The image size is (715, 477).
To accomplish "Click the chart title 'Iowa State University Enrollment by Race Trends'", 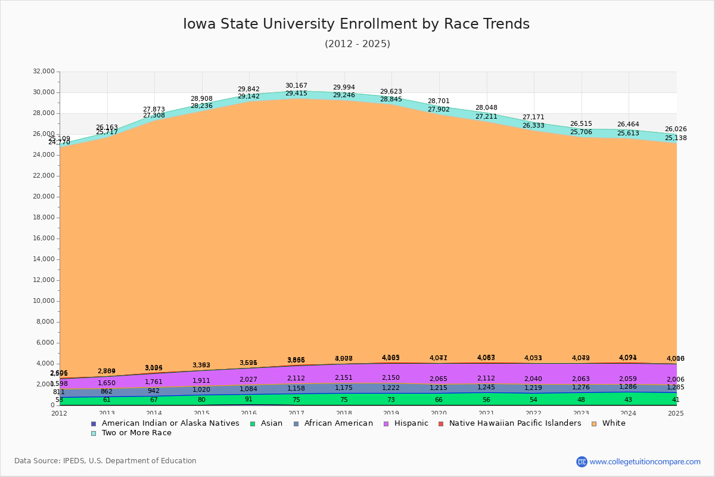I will pos(356,24).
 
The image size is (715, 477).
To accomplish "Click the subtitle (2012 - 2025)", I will pos(357,44).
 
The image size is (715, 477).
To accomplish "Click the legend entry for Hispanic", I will pos(406,423).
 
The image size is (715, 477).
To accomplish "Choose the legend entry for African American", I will pos(338,423).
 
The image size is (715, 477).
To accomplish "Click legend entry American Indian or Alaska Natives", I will pos(170,423).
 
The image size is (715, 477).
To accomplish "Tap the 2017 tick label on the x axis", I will pos(296,413).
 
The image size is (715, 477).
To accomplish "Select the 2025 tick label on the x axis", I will pos(676,413).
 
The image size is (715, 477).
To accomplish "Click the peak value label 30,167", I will pos(296,86).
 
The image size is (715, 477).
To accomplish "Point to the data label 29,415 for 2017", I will pos(296,94).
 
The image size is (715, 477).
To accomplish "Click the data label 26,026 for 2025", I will pos(676,129).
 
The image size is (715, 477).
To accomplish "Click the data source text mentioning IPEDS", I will pos(105,461).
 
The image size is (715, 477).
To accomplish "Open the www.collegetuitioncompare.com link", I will pos(645,461).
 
